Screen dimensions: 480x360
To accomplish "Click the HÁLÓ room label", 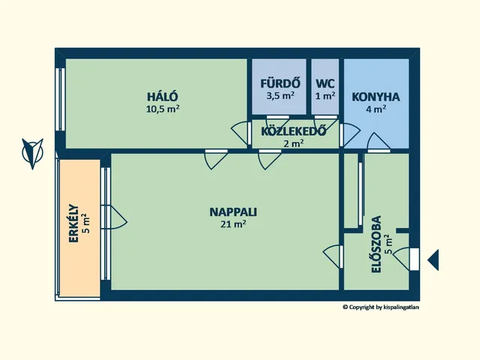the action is [x=163, y=96].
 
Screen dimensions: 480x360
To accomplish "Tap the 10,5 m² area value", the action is [x=163, y=109].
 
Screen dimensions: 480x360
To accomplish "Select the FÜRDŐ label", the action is [x=280, y=83].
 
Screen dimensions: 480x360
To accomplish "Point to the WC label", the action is [x=325, y=83].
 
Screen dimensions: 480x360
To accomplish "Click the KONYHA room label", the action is [x=376, y=97].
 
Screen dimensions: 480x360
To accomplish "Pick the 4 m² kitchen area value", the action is [x=376, y=109].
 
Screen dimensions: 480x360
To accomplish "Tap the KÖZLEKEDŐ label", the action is [x=293, y=131].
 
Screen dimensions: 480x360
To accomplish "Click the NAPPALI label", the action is [x=233, y=211].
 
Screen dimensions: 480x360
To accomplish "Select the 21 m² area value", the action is [x=233, y=224].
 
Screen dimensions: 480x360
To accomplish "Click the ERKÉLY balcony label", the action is [x=73, y=223].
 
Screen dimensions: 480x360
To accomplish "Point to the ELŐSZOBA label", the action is [x=376, y=244].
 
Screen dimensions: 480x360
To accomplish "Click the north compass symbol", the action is [x=32, y=153].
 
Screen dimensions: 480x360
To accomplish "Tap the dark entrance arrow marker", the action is [x=433, y=260].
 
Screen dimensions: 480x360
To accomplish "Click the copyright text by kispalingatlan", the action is [x=381, y=307].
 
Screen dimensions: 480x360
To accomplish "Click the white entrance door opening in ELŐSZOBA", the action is [x=415, y=259].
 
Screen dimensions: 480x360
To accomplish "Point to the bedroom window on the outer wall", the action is [x=60, y=100].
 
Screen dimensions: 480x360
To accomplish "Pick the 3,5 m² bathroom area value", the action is [x=280, y=95].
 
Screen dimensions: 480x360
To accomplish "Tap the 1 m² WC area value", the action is [x=325, y=96].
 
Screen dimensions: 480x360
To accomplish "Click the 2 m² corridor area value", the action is [x=293, y=143].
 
